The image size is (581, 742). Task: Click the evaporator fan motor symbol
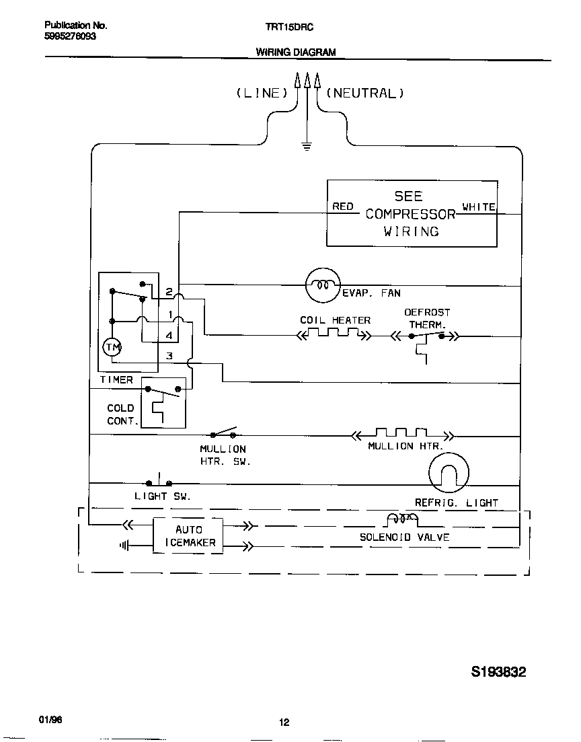click(x=323, y=285)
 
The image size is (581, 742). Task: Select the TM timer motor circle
click(x=111, y=347)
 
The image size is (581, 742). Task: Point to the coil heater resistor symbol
click(x=334, y=334)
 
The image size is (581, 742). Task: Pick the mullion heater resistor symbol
click(x=402, y=435)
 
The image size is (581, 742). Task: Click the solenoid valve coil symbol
click(x=401, y=519)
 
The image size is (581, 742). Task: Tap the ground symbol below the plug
click(x=307, y=146)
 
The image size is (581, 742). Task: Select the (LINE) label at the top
click(x=261, y=94)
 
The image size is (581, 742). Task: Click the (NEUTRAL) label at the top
click(x=365, y=94)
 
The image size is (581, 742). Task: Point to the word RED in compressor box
click(x=343, y=207)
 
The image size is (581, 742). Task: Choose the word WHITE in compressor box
click(x=478, y=207)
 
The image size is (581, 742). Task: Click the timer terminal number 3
click(x=169, y=356)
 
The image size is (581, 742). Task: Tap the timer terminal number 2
click(x=169, y=293)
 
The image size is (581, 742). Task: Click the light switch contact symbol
click(x=159, y=482)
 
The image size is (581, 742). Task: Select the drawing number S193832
click(x=498, y=672)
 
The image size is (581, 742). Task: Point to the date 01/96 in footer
click(x=50, y=719)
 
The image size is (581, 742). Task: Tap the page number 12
click(x=284, y=722)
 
